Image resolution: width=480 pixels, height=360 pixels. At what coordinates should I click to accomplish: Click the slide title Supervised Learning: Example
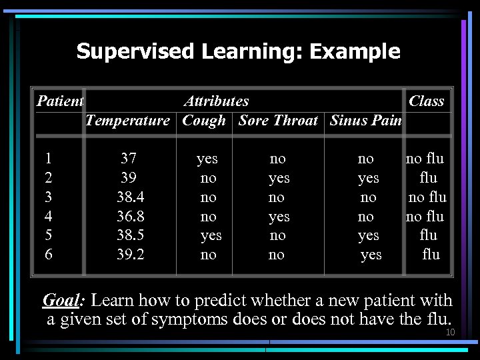tap(238, 51)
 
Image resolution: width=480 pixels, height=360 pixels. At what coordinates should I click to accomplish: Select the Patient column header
tap(59, 101)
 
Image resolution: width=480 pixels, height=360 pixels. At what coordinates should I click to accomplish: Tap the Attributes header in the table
tap(216, 101)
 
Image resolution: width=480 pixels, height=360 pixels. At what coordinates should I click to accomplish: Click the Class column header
tap(426, 101)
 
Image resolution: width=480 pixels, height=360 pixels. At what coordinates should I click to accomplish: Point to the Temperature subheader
tap(128, 121)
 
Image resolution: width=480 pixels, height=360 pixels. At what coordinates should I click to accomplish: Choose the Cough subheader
tap(203, 121)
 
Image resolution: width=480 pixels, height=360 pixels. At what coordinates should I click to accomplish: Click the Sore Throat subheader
tap(278, 121)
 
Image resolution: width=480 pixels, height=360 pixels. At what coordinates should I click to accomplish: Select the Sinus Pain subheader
tap(365, 121)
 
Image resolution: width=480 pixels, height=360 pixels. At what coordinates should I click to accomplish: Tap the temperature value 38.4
tap(131, 197)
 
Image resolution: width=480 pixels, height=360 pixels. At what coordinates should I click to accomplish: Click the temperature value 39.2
tap(131, 255)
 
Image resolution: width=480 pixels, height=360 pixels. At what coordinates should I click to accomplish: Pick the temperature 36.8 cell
tap(131, 217)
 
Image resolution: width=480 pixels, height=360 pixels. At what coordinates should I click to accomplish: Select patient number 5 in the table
tap(48, 235)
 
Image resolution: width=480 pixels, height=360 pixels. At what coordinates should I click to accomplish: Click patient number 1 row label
tap(48, 159)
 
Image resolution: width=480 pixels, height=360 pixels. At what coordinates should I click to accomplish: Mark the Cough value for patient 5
tap(211, 235)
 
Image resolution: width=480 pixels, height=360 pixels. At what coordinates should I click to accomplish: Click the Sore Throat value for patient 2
tap(279, 178)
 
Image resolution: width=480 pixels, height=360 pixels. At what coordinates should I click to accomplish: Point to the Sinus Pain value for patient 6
tap(371, 255)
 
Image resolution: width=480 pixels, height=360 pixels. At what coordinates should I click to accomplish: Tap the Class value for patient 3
tap(427, 197)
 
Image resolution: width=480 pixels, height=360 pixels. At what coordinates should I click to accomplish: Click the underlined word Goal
tap(61, 301)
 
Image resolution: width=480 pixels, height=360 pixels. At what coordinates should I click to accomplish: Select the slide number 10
tap(450, 332)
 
